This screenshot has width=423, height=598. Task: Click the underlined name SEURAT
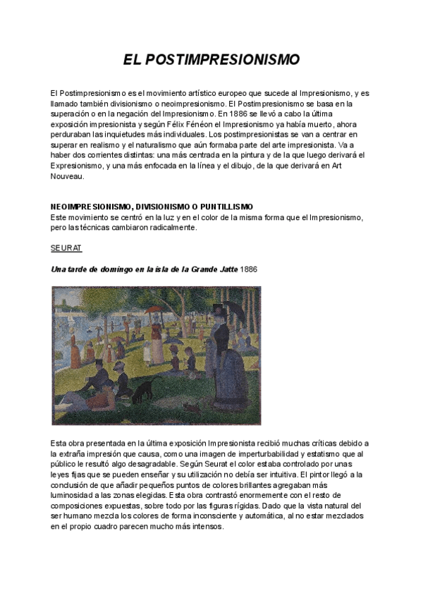tap(66, 248)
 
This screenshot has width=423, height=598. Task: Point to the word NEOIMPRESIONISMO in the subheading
tap(91, 207)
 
